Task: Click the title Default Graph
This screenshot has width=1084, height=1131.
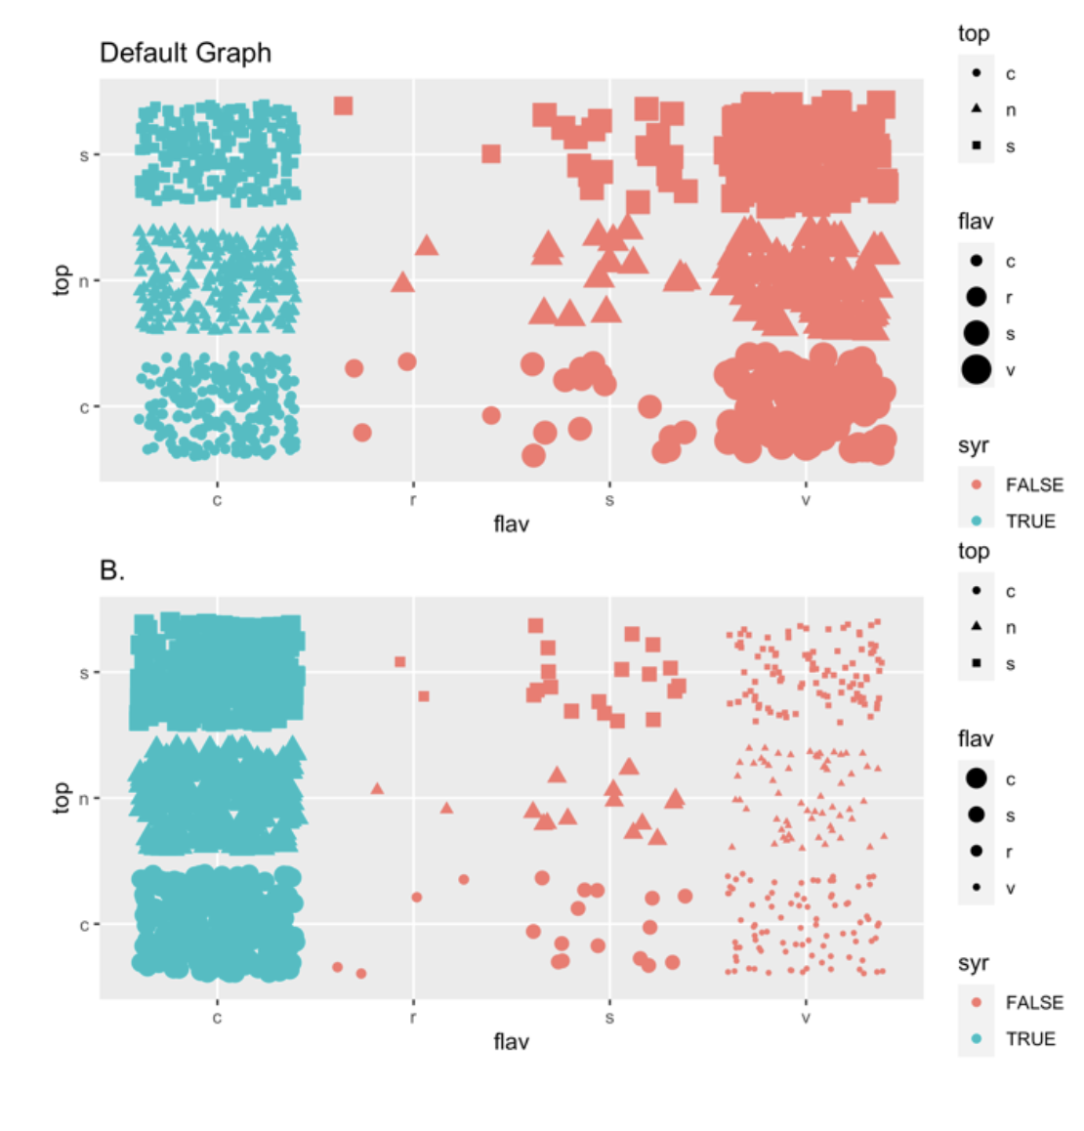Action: [x=186, y=53]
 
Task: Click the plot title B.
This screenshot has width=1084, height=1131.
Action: [x=112, y=570]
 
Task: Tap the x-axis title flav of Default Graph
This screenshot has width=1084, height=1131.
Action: [x=511, y=524]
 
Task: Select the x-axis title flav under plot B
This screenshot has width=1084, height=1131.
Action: [x=511, y=1042]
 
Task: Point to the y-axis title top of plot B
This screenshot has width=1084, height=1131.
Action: [x=62, y=797]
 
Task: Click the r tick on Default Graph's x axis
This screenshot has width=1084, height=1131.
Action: [x=413, y=500]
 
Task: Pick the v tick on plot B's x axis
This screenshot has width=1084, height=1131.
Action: [x=806, y=1018]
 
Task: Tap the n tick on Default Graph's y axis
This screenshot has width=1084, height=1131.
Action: [x=84, y=281]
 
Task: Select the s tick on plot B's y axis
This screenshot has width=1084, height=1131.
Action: [x=84, y=673]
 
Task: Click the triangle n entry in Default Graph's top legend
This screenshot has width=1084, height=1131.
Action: [x=977, y=109]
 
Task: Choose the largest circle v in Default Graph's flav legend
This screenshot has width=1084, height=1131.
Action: [x=977, y=370]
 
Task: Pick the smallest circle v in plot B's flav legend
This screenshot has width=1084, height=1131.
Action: [x=977, y=888]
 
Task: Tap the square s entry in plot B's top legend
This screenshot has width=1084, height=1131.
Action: [x=977, y=664]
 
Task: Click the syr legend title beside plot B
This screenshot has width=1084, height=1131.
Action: [x=974, y=963]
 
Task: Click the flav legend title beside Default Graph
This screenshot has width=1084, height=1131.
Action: [x=976, y=222]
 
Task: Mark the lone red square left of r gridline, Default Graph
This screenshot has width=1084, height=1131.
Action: [x=343, y=105]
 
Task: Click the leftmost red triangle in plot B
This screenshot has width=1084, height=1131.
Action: [x=377, y=788]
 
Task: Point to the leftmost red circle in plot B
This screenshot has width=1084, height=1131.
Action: [x=337, y=967]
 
